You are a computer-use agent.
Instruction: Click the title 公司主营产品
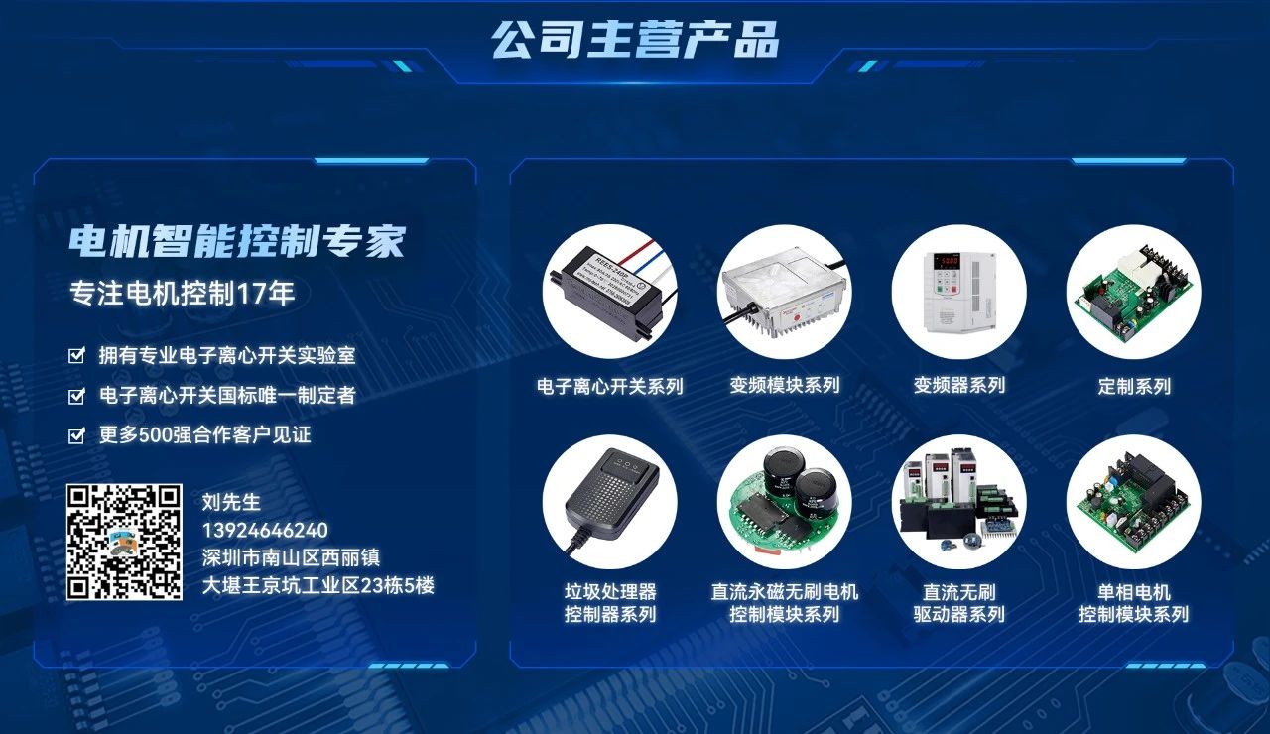[635, 40]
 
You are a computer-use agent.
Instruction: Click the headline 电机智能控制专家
[237, 241]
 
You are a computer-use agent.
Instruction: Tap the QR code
[124, 543]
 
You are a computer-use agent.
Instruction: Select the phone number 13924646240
[265, 531]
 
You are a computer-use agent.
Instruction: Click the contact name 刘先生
[230, 503]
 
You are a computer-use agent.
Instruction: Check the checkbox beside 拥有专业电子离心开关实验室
[76, 355]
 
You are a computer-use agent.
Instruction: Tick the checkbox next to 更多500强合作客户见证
[76, 435]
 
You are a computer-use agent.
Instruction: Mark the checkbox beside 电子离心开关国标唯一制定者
[76, 396]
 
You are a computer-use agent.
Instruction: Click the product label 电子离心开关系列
[610, 386]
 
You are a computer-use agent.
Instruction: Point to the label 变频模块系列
[785, 386]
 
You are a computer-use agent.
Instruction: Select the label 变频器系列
[959, 386]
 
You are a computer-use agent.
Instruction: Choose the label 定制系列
[1134, 386]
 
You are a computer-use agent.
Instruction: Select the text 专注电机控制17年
[182, 294]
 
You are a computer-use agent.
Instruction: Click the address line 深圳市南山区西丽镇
[291, 557]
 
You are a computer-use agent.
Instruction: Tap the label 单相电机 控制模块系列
[1134, 603]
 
